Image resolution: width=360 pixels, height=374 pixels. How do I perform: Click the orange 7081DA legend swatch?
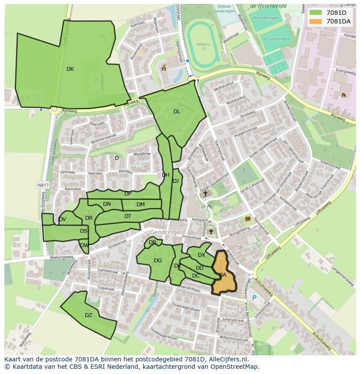click(x=316, y=21)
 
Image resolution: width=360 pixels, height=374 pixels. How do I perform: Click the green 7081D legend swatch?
click(x=316, y=13)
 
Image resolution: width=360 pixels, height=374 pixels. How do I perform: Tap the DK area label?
click(x=70, y=69)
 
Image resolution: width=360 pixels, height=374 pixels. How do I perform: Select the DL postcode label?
click(x=177, y=112)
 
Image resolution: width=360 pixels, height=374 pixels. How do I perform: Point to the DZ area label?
click(x=88, y=315)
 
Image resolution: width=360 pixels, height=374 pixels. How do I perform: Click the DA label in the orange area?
click(x=223, y=275)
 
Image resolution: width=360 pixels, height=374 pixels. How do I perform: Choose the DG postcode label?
click(x=158, y=261)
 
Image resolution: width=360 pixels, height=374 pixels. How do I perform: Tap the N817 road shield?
click(x=43, y=185)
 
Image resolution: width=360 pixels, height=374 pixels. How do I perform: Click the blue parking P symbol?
click(x=254, y=298)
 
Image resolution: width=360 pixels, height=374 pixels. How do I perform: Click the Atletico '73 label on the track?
click(x=203, y=46)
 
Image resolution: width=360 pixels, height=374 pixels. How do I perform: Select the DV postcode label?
click(x=62, y=219)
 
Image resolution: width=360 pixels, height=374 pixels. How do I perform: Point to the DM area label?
click(x=140, y=205)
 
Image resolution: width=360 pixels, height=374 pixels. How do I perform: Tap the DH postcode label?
click(x=166, y=175)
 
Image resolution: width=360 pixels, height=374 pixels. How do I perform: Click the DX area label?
click(x=201, y=255)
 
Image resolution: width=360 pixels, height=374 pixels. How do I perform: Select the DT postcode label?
click(x=128, y=216)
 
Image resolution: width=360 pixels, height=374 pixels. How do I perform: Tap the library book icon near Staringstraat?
click(x=248, y=219)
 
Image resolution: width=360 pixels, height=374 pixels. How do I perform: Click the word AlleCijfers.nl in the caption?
click(x=227, y=359)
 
